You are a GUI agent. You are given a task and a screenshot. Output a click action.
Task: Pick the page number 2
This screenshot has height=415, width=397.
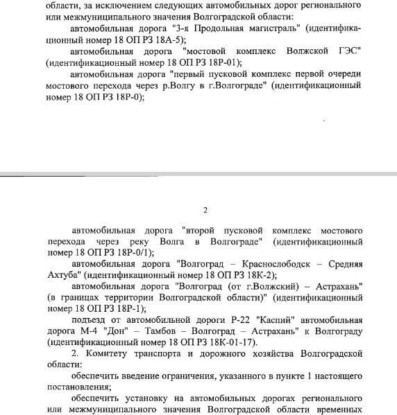tap(205, 211)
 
